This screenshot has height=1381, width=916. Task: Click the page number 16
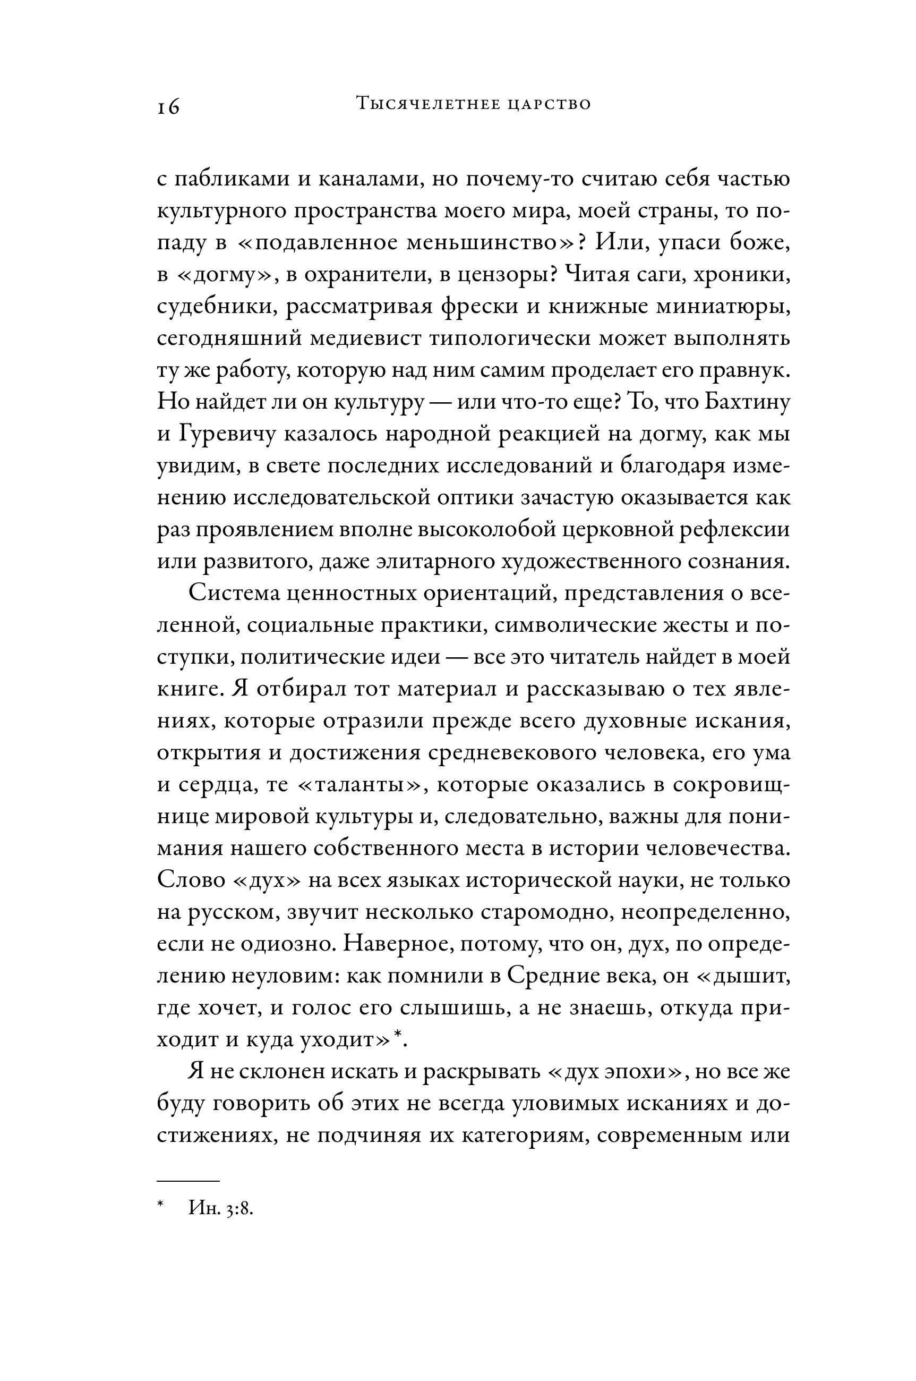[168, 107]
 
